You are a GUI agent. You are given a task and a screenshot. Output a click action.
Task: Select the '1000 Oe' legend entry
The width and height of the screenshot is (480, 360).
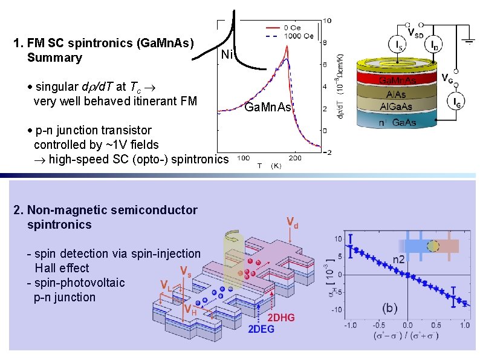pos(300,36)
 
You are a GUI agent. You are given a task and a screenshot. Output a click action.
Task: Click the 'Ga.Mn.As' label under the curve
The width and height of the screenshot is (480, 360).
pos(268,107)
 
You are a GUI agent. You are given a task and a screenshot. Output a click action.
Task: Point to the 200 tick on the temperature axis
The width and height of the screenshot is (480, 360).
pos(294,158)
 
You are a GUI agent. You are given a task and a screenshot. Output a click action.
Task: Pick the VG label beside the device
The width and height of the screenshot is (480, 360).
pos(448,78)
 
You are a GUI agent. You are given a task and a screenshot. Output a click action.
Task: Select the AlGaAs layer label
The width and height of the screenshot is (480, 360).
pos(397,106)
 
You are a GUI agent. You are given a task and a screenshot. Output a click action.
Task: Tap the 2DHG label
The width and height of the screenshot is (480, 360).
pos(281,318)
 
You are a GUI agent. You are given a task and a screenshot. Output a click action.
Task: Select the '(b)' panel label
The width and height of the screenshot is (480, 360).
pos(389,308)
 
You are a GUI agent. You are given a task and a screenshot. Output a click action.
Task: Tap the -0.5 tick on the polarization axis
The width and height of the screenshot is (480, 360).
pos(379,325)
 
